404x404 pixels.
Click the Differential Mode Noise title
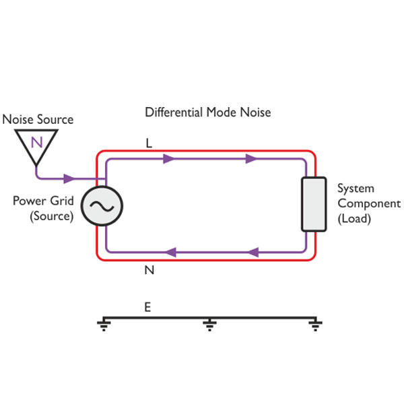tap(207, 112)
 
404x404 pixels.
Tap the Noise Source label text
tap(38, 120)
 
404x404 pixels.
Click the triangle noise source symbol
tap(37, 144)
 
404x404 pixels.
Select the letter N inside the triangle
tap(37, 141)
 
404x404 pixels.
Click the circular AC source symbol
tap(101, 206)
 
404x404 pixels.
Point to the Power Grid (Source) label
tap(43, 208)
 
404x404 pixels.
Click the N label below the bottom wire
tap(149, 270)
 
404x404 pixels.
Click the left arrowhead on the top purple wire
tap(169, 159)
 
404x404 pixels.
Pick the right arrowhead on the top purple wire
tap(251, 159)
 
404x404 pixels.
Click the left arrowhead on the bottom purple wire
tap(170, 252)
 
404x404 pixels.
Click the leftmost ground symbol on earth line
tap(104, 326)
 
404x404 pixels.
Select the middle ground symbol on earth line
tap(209, 326)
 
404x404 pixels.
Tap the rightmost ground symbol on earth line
tap(314, 326)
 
